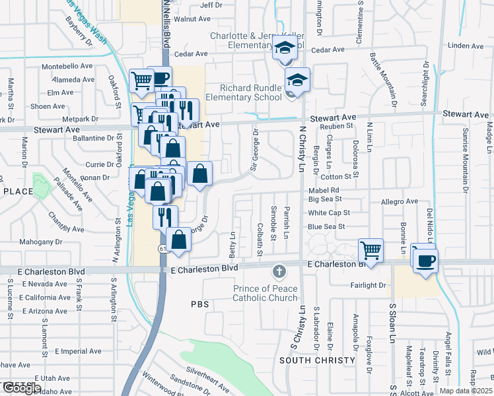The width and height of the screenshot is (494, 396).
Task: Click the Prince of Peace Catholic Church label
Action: [x=266, y=293]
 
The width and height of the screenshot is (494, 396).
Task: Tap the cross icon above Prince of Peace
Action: [x=279, y=272]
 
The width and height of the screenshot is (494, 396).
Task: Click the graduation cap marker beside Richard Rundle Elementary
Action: [x=298, y=81]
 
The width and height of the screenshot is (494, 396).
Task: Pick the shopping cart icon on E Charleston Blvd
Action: [x=371, y=250]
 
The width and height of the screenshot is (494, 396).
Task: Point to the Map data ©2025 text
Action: [x=466, y=391]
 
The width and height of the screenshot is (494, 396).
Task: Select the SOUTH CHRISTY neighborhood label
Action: [x=313, y=360]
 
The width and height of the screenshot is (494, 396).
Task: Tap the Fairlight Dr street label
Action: [x=368, y=286]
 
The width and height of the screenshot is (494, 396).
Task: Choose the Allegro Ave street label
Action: [x=400, y=201]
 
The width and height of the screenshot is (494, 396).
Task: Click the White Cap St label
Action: [x=329, y=213]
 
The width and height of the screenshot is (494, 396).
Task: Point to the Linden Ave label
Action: [x=466, y=46]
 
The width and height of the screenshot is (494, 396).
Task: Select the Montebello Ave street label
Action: [x=67, y=67]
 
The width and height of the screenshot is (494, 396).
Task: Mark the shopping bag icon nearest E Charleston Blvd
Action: [x=178, y=240]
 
